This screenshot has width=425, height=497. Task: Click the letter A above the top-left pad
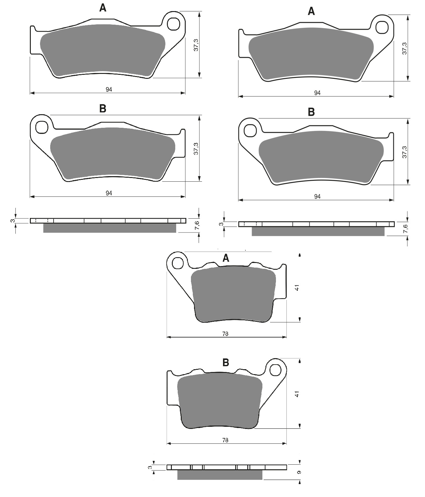click(103, 8)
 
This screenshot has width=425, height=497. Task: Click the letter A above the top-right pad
click(311, 11)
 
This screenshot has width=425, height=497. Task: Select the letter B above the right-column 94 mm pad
click(311, 112)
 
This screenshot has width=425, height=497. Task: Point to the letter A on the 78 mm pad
click(226, 258)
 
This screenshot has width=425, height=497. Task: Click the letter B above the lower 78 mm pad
click(226, 363)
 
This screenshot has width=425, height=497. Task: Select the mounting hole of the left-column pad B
click(42, 127)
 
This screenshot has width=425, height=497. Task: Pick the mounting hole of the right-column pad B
click(250, 131)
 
